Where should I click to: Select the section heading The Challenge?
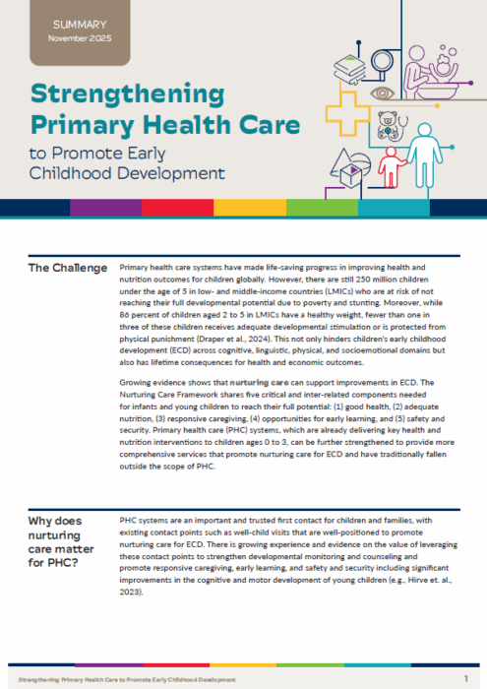point(67,268)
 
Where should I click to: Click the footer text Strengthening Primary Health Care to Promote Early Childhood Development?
point(127,679)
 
